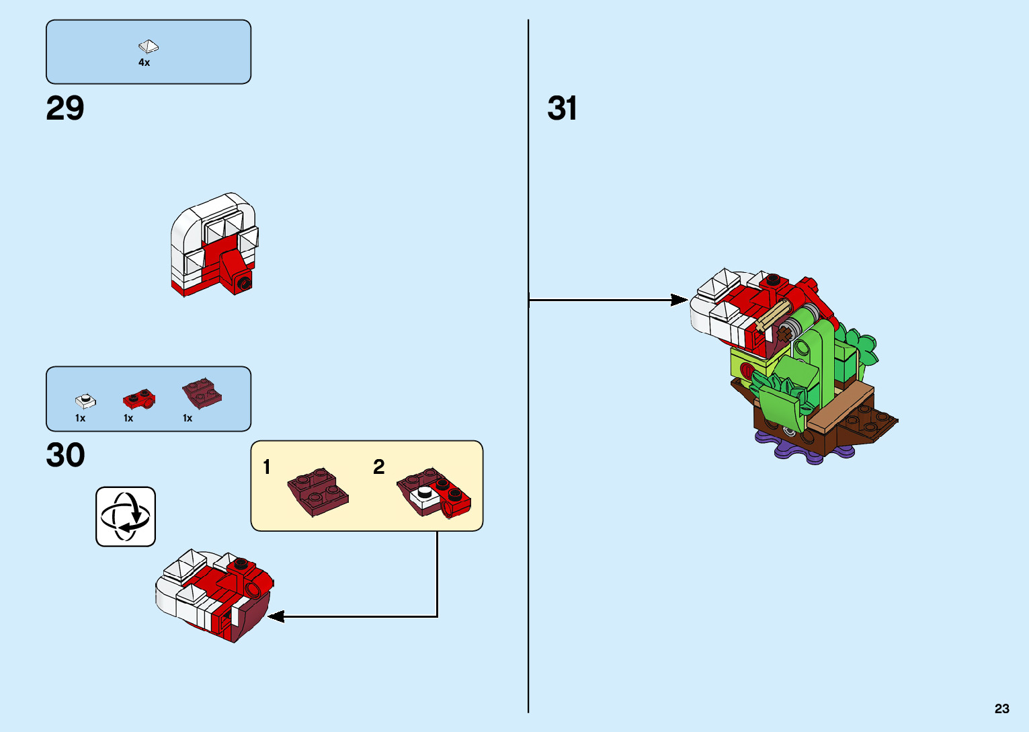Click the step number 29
pyautogui.click(x=65, y=108)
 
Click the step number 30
pyautogui.click(x=65, y=455)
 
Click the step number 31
pyautogui.click(x=562, y=108)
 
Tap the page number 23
pyautogui.click(x=1001, y=708)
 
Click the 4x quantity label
pyautogui.click(x=144, y=63)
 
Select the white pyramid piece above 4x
pyautogui.click(x=149, y=46)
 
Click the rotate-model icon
pyautogui.click(x=126, y=516)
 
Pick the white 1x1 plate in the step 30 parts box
pyautogui.click(x=85, y=401)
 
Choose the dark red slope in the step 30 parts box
pyautogui.click(x=202, y=394)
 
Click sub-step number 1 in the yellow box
pyautogui.click(x=267, y=466)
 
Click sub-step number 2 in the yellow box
pyautogui.click(x=379, y=466)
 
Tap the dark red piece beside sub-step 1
pyautogui.click(x=318, y=492)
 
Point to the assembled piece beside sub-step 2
pyautogui.click(x=434, y=493)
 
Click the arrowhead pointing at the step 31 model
pyautogui.click(x=680, y=300)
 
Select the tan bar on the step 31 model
pyautogui.click(x=773, y=316)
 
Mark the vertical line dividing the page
pyautogui.click(x=528, y=471)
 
